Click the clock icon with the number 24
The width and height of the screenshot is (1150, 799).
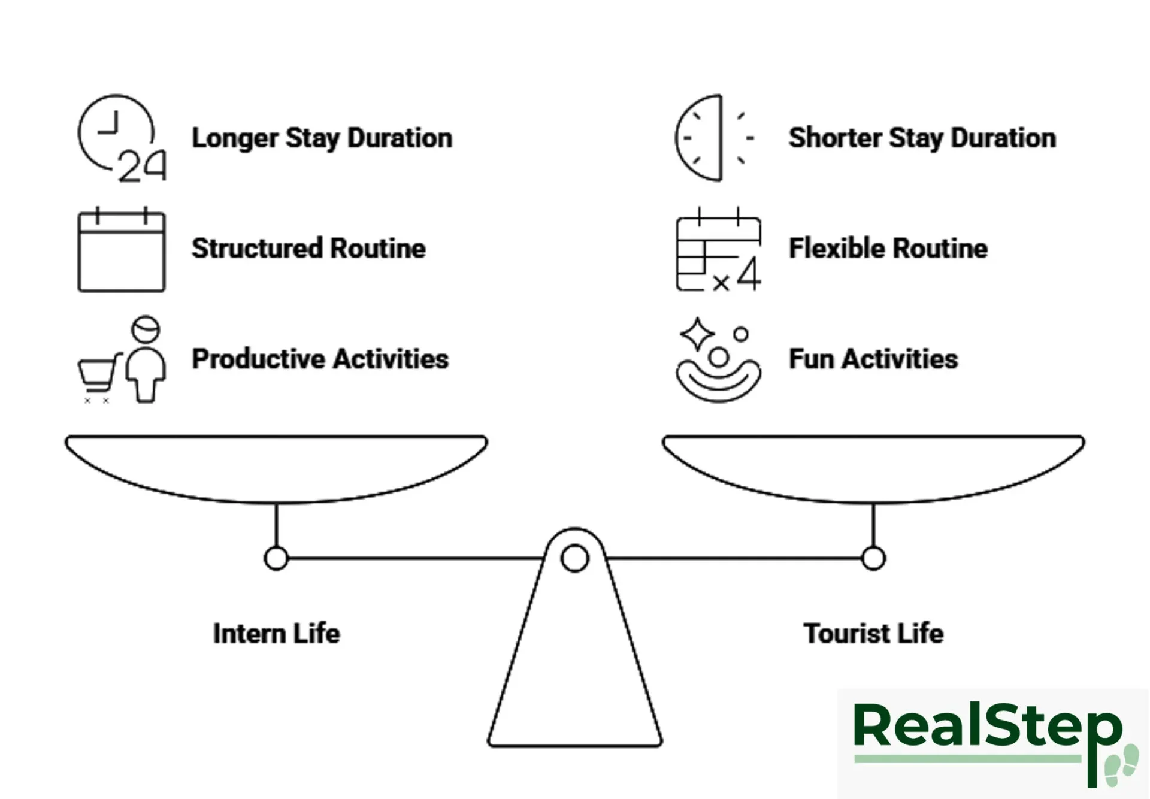point(120,138)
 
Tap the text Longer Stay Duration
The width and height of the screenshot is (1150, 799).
point(322,138)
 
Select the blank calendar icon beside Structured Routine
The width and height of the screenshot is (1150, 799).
point(121,250)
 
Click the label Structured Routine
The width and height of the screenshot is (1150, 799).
point(308,248)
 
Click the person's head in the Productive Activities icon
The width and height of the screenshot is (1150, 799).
point(146,329)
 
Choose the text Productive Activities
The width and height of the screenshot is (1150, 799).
point(320,359)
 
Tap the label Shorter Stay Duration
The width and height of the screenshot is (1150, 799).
point(922,138)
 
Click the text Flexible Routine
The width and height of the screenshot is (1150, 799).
point(888,248)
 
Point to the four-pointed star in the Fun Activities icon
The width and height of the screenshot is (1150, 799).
point(697,334)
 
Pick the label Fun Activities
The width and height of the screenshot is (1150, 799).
point(873,359)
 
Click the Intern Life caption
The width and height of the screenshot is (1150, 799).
point(276,633)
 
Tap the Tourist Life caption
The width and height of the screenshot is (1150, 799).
point(873,633)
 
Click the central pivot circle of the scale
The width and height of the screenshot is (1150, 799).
point(574,558)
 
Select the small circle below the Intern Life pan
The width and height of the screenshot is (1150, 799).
point(276,558)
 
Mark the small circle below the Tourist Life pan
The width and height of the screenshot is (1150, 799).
point(873,558)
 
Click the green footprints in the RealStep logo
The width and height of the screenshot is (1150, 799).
point(1121,765)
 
